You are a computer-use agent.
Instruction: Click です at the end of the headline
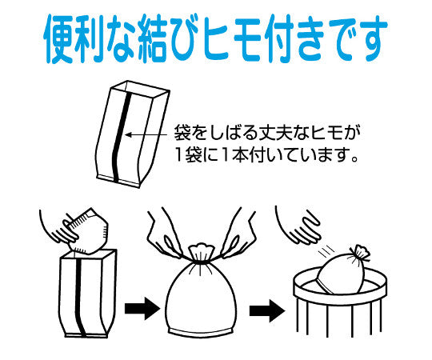pyautogui.click(x=358, y=38)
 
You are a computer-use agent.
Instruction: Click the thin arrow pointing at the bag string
pyautogui.click(x=146, y=134)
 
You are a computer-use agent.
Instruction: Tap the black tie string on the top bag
pyautogui.click(x=122, y=137)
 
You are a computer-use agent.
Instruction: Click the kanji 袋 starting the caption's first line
pyautogui.click(x=182, y=133)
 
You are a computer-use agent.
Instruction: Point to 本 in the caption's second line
pyautogui.click(x=240, y=156)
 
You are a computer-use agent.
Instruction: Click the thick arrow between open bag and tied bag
pyautogui.click(x=142, y=309)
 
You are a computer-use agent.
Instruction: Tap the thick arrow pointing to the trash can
pyautogui.click(x=266, y=311)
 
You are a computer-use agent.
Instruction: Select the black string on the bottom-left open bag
pyautogui.click(x=80, y=297)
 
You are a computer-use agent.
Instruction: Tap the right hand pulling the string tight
pyautogui.click(x=239, y=234)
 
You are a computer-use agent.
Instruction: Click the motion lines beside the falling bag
pyautogui.click(x=326, y=251)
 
